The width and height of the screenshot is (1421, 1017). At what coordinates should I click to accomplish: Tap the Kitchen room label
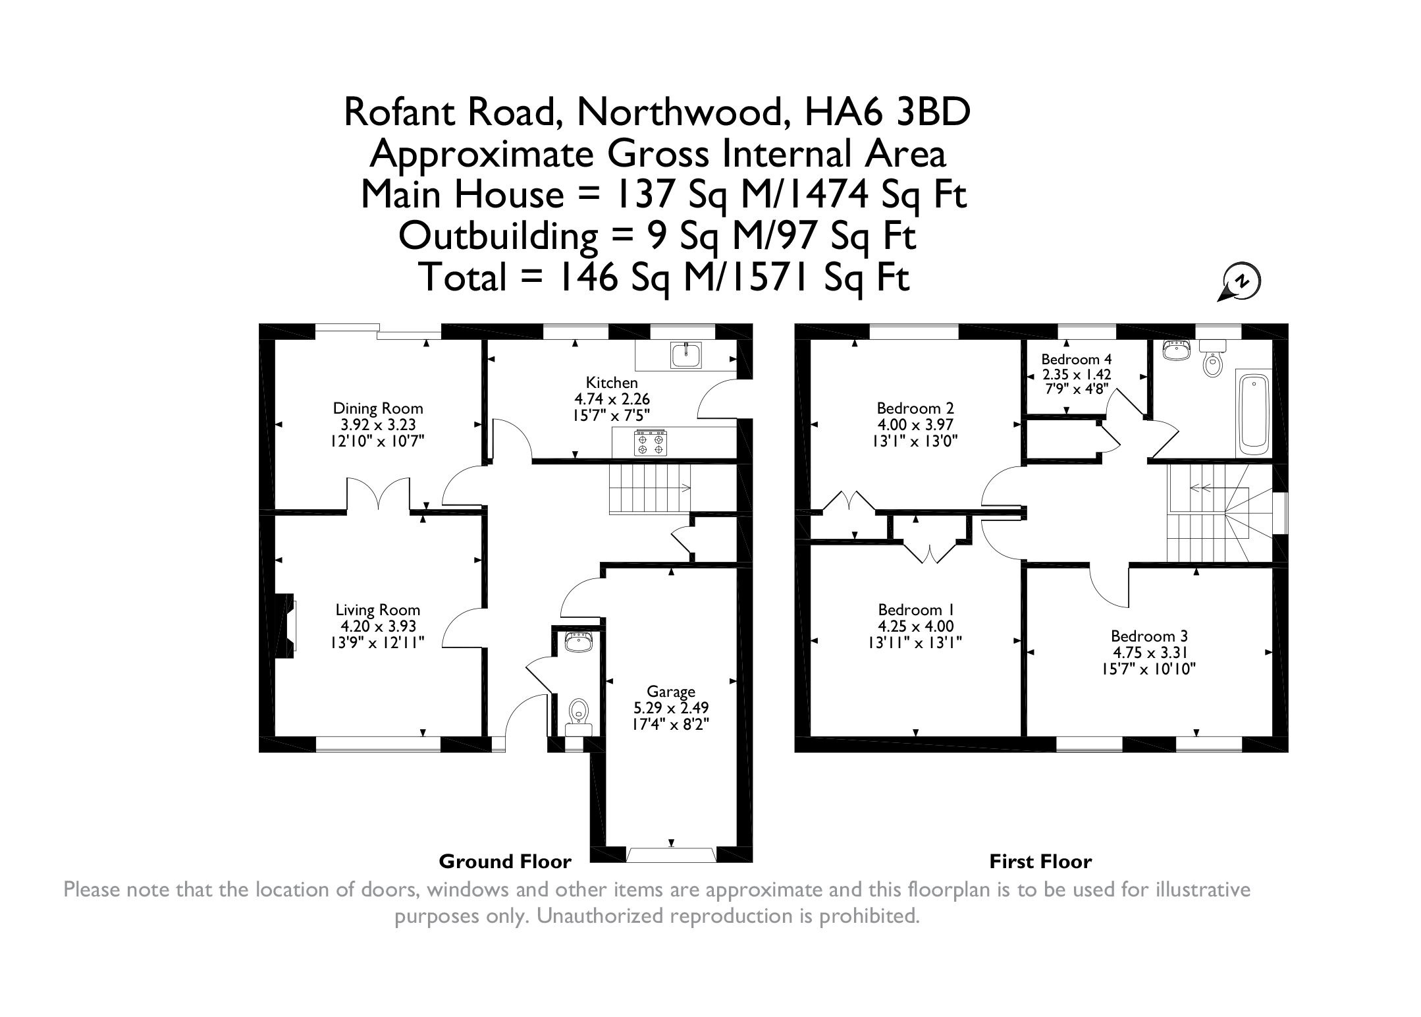pyautogui.click(x=612, y=383)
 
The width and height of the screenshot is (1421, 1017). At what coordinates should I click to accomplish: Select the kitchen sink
pyautogui.click(x=686, y=354)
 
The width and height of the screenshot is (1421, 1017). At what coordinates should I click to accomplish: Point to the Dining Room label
pyautogui.click(x=377, y=408)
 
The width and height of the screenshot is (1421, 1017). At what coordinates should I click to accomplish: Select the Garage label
pyautogui.click(x=671, y=692)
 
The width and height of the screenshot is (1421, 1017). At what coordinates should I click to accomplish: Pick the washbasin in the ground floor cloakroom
pyautogui.click(x=579, y=642)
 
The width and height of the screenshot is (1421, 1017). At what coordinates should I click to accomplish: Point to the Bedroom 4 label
pyautogui.click(x=1076, y=360)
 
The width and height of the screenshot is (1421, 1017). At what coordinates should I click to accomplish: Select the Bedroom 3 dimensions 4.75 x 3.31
pyautogui.click(x=1149, y=653)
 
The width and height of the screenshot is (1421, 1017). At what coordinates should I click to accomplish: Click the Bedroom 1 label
pyautogui.click(x=915, y=610)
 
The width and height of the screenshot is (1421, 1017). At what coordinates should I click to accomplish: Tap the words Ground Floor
pyautogui.click(x=505, y=862)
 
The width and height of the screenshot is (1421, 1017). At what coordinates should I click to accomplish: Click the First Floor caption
pyautogui.click(x=1040, y=862)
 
